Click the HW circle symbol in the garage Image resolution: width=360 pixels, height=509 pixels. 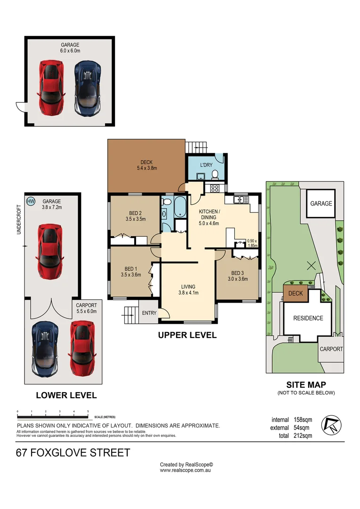click(31, 201)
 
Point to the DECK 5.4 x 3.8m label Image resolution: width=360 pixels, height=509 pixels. click(146, 165)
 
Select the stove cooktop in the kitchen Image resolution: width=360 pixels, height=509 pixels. click(213, 189)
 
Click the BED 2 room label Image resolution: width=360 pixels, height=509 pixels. click(134, 216)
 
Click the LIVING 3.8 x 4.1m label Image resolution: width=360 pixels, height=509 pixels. click(188, 289)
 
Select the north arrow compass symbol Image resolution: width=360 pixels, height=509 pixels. click(330, 426)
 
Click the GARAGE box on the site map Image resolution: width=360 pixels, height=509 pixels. click(321, 204)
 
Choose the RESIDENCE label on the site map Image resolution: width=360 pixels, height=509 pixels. click(308, 318)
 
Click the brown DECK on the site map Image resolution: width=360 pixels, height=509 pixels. click(295, 293)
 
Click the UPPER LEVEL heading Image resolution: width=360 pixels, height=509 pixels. click(187, 336)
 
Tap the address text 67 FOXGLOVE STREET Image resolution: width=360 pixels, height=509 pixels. click(73, 453)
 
